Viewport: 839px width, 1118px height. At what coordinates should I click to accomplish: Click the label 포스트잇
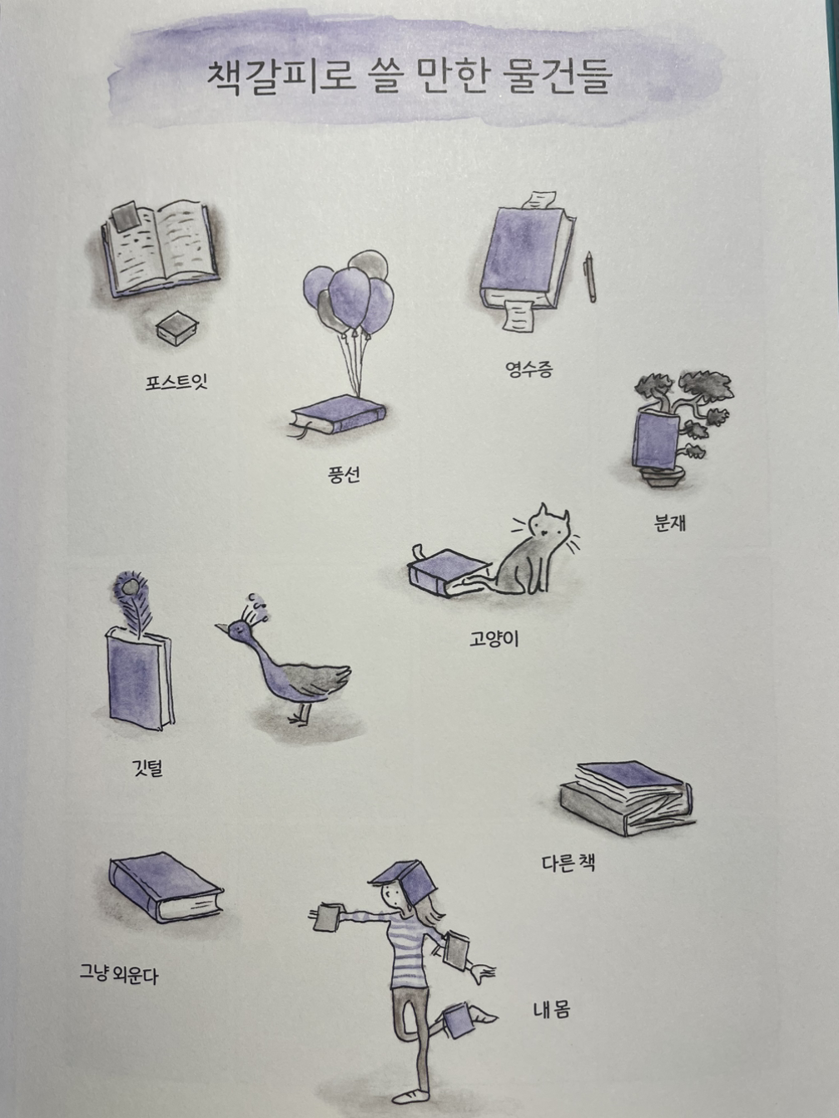point(176,382)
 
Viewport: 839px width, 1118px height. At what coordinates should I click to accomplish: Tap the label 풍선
point(344,475)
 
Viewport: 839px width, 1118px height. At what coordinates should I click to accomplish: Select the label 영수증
point(529,369)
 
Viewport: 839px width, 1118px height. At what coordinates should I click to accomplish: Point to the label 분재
point(670,523)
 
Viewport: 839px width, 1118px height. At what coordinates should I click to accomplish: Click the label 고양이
point(494,639)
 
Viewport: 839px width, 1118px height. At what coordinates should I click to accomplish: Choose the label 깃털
point(147,768)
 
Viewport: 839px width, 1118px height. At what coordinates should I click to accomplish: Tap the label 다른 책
point(568,863)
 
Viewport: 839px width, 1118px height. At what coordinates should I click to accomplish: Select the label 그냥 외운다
point(119,973)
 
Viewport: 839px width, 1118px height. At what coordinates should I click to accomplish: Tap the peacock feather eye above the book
point(129,587)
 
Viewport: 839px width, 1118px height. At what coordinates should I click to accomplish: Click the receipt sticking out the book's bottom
point(519,315)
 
